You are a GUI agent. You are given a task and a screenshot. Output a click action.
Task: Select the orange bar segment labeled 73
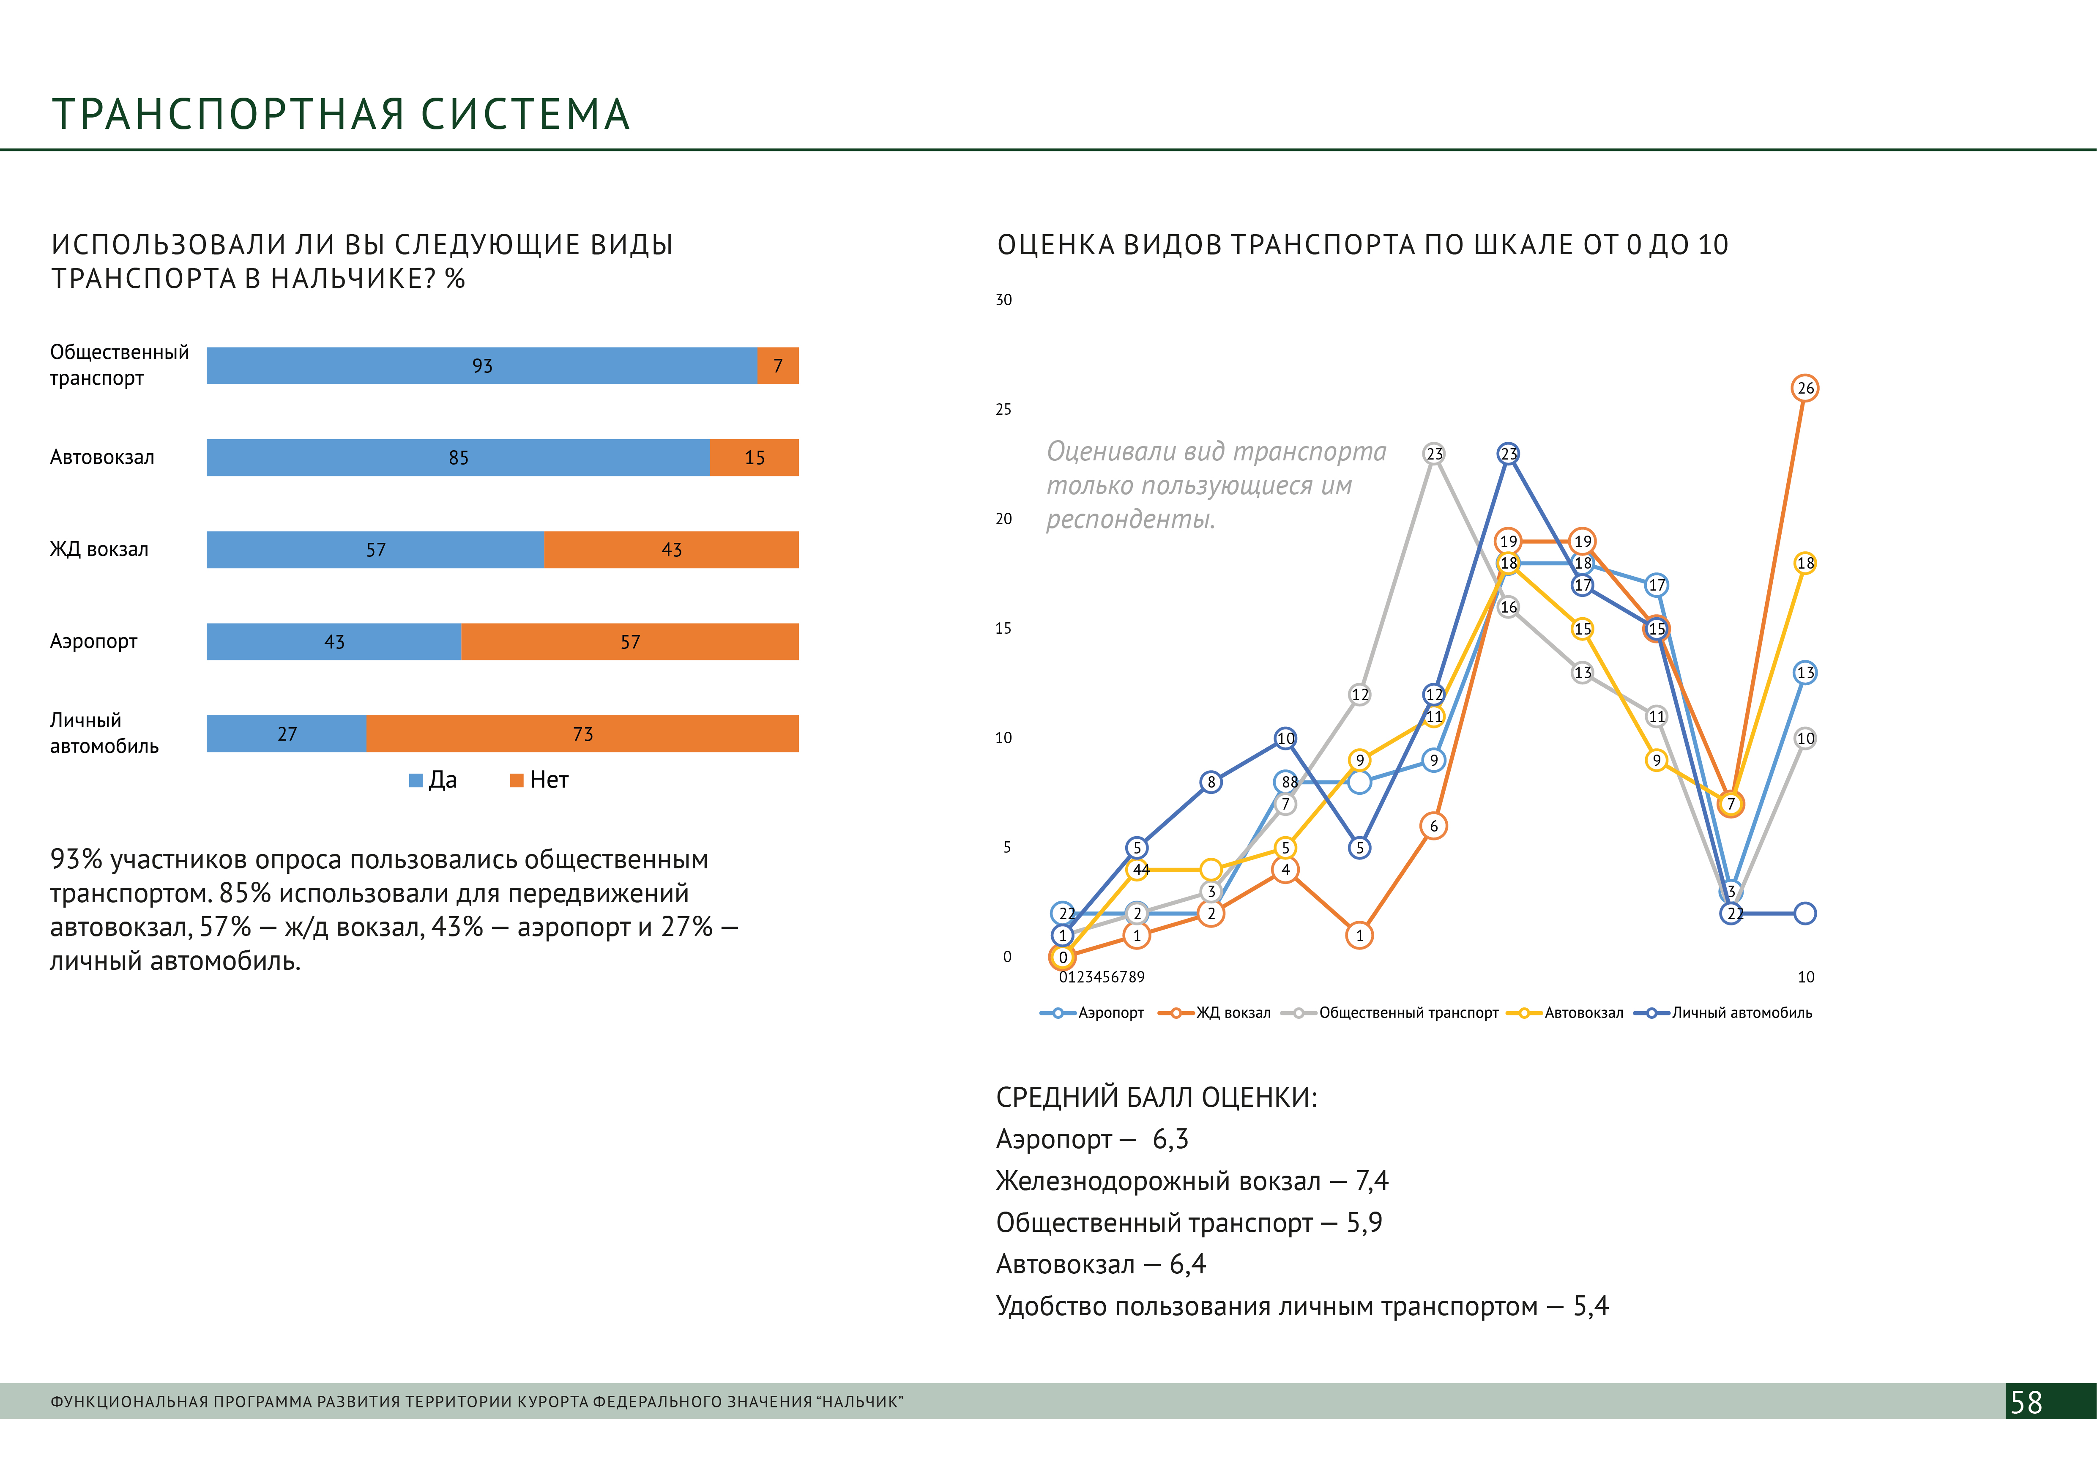pyautogui.click(x=583, y=733)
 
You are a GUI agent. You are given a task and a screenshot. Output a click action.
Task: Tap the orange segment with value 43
pyautogui.click(x=671, y=550)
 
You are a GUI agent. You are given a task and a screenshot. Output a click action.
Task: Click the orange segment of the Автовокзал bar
pyautogui.click(x=755, y=457)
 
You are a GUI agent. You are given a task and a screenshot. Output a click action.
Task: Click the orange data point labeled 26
pyautogui.click(x=1805, y=388)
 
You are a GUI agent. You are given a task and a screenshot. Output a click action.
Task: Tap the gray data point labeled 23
pyautogui.click(x=1434, y=454)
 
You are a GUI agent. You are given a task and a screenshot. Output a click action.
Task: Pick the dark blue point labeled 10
pyautogui.click(x=1285, y=738)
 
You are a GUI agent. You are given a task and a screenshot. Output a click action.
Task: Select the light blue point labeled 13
pyautogui.click(x=1805, y=673)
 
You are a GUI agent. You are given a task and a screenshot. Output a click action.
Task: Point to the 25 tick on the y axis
pyautogui.click(x=1004, y=409)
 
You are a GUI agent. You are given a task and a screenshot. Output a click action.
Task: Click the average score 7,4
pyautogui.click(x=1372, y=1181)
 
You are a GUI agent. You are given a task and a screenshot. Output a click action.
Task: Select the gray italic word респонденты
pyautogui.click(x=1131, y=520)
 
